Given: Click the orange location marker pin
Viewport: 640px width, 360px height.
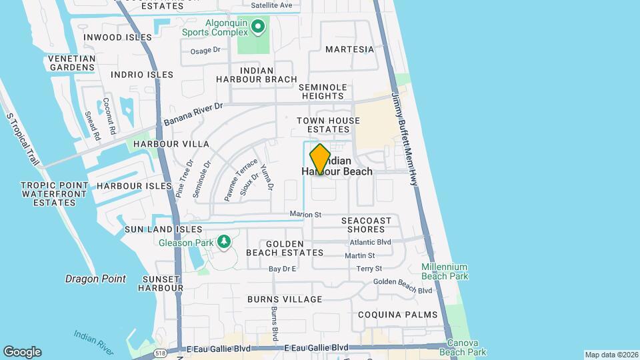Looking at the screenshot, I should [x=320, y=159].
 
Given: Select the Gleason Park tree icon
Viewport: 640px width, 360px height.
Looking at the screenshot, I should [x=224, y=241].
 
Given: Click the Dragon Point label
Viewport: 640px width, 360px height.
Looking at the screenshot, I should [x=95, y=279].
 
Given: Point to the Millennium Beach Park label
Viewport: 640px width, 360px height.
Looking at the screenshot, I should [x=445, y=271].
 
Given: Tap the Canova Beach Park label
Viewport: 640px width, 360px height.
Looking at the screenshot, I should [x=467, y=347].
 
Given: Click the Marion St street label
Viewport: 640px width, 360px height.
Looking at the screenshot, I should [x=305, y=215].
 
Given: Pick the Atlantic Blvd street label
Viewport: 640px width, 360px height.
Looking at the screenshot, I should [x=370, y=242].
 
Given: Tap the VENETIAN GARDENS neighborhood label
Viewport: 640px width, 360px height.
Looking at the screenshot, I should [x=72, y=63].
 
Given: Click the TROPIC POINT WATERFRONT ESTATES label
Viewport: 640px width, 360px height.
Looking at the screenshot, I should [x=54, y=193].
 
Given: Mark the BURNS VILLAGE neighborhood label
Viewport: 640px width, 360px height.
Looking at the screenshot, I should [x=285, y=299].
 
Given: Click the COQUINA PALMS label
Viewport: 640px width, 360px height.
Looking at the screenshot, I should [x=397, y=315].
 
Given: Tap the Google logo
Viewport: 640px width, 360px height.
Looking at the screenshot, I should [x=22, y=352].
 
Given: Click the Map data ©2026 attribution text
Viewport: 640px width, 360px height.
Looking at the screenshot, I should [x=611, y=355].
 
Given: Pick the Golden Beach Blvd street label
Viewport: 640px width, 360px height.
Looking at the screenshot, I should [x=403, y=285].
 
